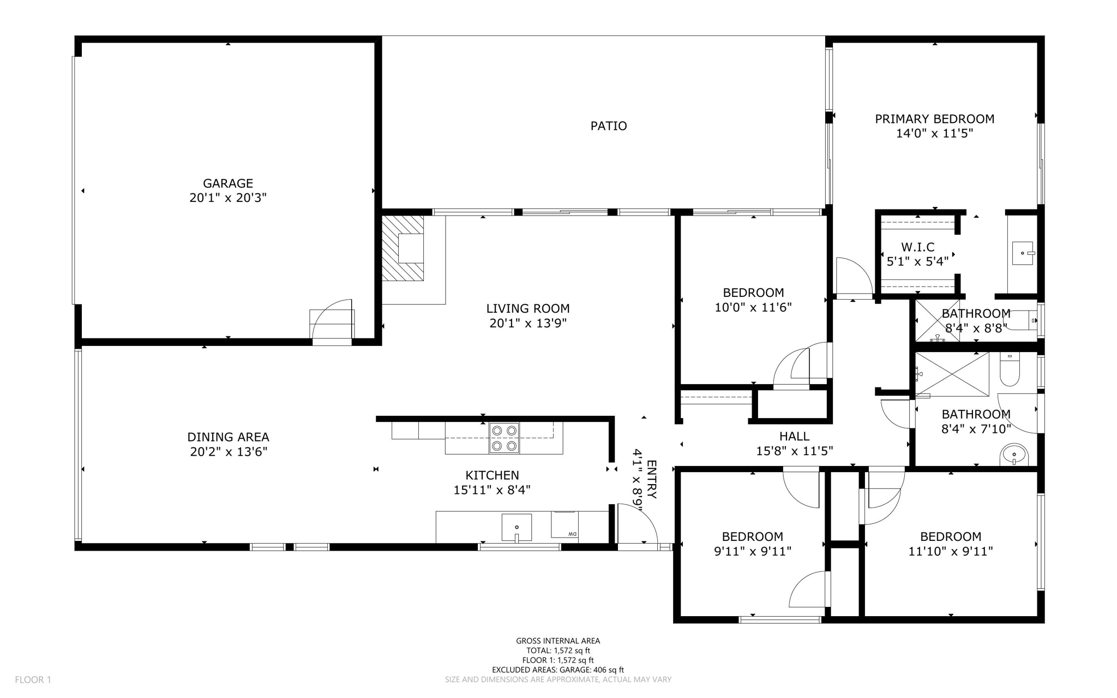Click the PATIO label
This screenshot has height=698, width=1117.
[608, 126]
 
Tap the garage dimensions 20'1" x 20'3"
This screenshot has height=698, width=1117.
[227, 198]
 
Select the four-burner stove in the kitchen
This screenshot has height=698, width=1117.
[504, 438]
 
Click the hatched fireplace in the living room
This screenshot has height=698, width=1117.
[403, 248]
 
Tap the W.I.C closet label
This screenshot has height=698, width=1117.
[917, 247]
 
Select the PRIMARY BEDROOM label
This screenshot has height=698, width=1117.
[934, 119]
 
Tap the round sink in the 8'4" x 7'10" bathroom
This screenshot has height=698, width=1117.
[1014, 454]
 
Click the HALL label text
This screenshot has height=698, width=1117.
[794, 436]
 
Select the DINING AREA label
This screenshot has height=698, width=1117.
[228, 437]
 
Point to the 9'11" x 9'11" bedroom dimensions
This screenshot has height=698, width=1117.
[752, 551]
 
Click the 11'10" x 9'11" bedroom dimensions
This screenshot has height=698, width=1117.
[950, 551]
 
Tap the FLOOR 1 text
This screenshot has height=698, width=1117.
[33, 679]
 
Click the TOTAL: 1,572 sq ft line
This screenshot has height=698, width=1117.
[558, 651]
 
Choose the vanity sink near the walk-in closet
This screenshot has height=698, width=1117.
[1022, 253]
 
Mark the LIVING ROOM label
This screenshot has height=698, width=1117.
[527, 309]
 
